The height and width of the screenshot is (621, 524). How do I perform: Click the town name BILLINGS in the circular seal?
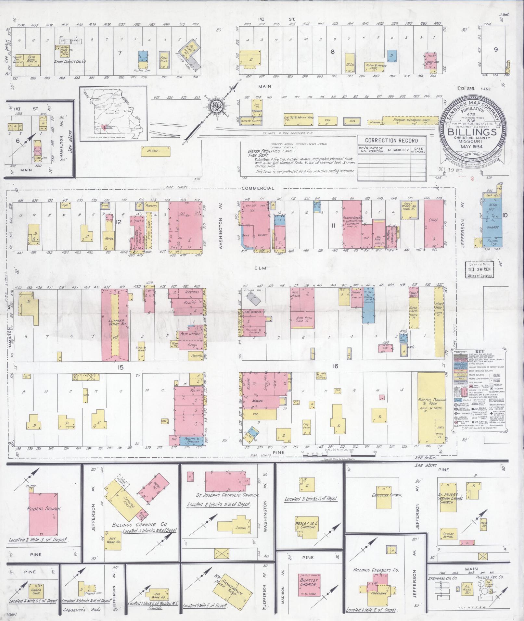click(473, 132)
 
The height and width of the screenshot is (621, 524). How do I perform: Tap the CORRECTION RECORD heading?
click(391, 140)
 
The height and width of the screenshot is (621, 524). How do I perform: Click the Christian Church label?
click(387, 495)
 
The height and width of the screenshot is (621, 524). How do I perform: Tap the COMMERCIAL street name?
click(258, 188)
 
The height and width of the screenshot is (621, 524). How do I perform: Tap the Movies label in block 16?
click(257, 401)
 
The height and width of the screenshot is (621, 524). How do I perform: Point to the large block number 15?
click(121, 367)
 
